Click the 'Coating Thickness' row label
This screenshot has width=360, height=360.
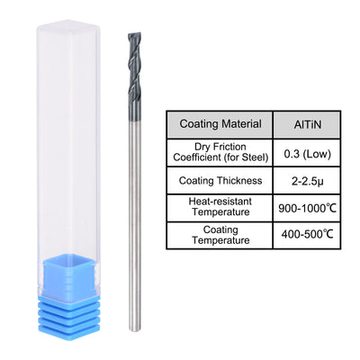(x=221, y=180)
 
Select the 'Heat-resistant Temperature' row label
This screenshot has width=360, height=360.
(x=221, y=208)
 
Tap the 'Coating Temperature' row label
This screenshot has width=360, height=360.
(x=221, y=236)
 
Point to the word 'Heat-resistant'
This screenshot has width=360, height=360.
(x=221, y=202)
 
